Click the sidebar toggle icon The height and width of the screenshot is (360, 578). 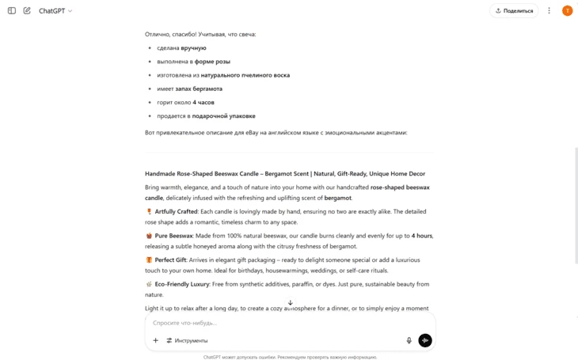tap(12, 11)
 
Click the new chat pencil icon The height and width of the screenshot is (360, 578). tap(27, 11)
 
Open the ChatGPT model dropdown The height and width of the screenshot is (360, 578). tap(55, 11)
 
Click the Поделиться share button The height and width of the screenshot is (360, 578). tap(514, 11)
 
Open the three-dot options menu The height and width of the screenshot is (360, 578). tap(549, 11)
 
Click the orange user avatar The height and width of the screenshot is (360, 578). tap(567, 11)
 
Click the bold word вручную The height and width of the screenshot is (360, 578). tap(193, 48)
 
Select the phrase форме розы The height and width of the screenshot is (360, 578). tap(212, 62)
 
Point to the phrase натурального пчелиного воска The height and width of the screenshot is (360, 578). tap(245, 75)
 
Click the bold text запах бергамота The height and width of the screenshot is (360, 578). tap(199, 89)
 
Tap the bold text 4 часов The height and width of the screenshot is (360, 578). tap(203, 102)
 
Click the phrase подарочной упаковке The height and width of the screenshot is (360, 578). tap(223, 116)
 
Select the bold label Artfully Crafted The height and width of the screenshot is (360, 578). tap(176, 212)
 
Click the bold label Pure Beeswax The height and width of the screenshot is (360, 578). tap(173, 236)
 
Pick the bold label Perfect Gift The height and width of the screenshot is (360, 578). tap(171, 260)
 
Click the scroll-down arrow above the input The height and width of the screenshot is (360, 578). tap(290, 303)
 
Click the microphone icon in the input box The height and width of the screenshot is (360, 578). tap(409, 340)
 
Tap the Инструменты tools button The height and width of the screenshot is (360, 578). tap(187, 340)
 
